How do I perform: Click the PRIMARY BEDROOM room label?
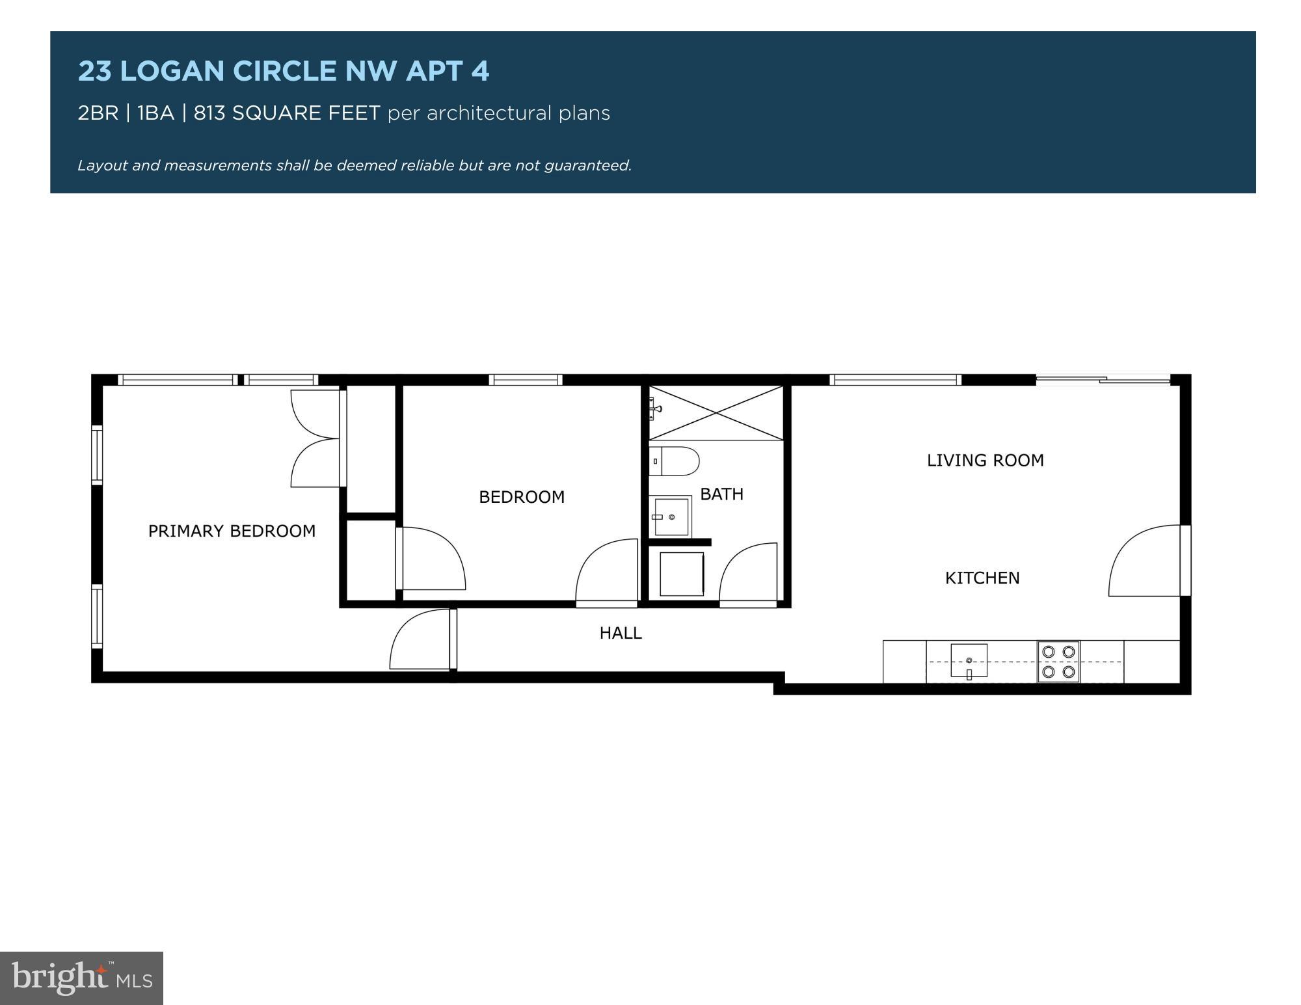pos(232,531)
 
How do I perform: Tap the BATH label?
pos(721,494)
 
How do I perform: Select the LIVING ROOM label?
pos(985,461)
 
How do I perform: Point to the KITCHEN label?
pos(982,578)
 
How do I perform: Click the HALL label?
pos(621,633)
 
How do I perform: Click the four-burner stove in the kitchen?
pos(1058,662)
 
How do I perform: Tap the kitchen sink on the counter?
pos(969,661)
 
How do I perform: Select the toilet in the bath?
pos(674,461)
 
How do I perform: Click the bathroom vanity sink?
pos(670,516)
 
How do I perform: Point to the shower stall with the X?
pos(716,413)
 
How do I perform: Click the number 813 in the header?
pos(209,113)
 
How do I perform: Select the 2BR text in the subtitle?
pos(98,113)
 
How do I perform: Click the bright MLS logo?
pos(81,978)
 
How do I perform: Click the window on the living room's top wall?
pos(895,380)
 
